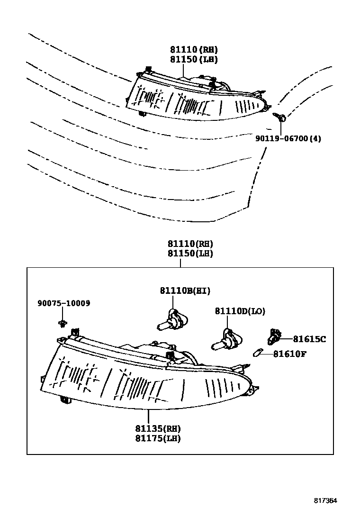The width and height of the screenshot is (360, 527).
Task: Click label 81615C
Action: coord(309,339)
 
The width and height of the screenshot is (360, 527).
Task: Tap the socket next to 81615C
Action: coord(273,336)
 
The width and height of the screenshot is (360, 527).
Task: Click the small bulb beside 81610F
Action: coord(258,354)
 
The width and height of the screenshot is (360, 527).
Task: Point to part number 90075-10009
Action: coord(64,303)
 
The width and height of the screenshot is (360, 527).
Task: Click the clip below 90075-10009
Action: coord(61,323)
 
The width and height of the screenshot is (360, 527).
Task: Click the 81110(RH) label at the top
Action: coord(194,49)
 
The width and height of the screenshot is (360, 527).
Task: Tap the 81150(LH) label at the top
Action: coord(194,59)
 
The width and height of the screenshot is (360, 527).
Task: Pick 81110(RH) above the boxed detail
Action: coord(190,244)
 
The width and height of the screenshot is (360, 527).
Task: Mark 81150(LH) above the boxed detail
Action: coord(190,254)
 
